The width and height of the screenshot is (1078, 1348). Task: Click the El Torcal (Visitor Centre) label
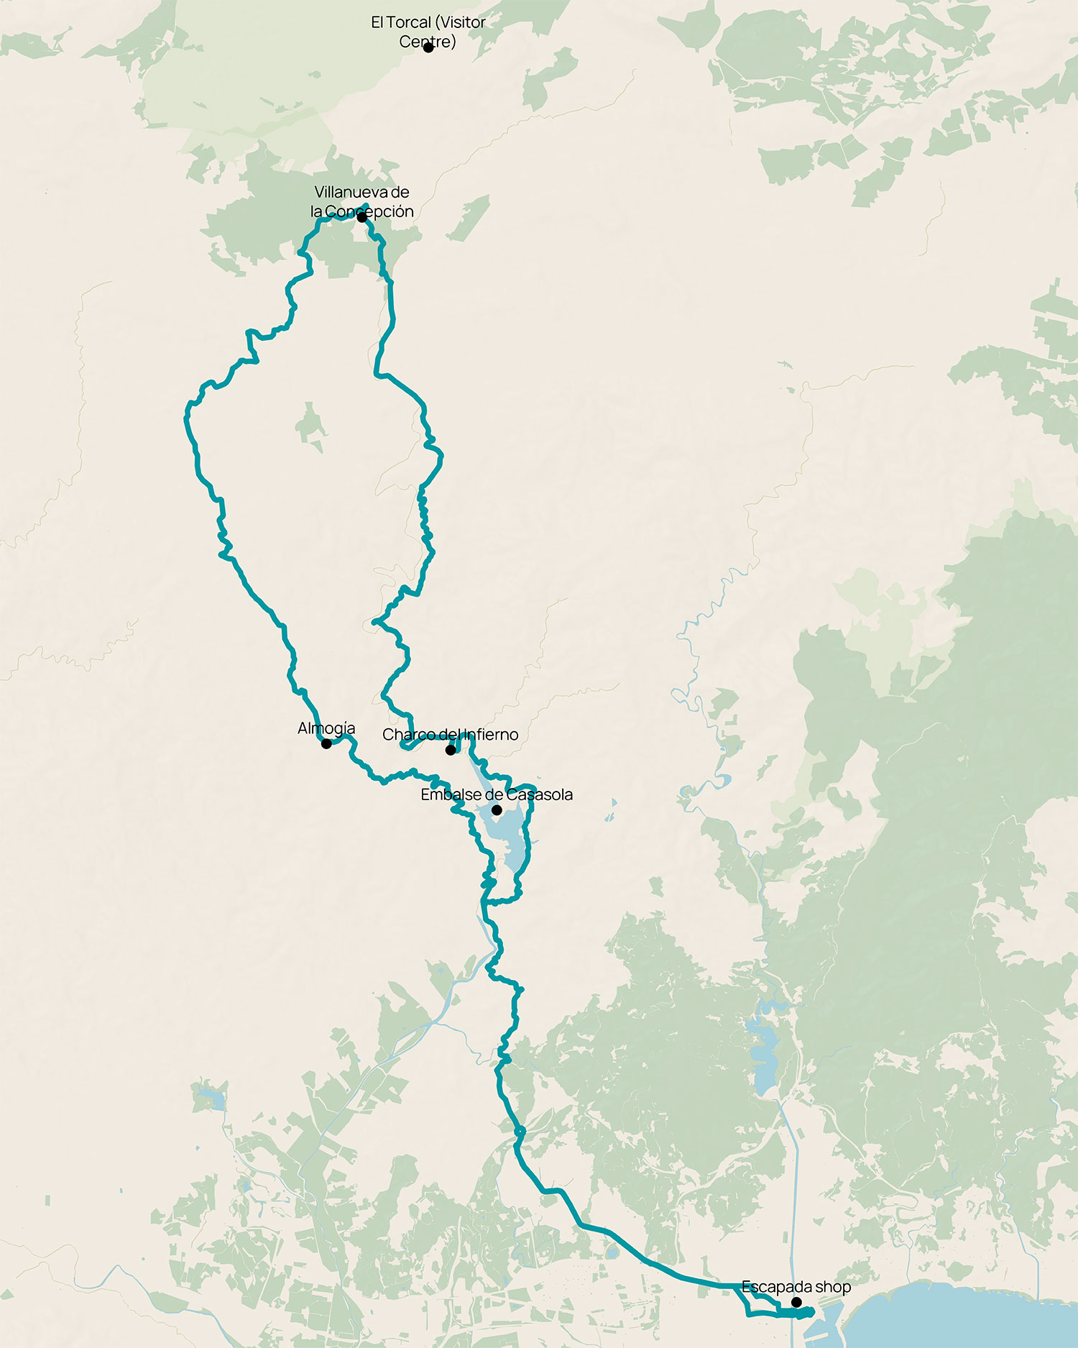coord(428,32)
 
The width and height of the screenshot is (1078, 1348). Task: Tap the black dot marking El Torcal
coord(428,47)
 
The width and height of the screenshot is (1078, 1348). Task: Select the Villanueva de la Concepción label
coord(361,201)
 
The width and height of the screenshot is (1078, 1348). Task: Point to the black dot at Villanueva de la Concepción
coord(361,216)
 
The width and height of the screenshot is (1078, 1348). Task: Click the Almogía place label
coord(326,728)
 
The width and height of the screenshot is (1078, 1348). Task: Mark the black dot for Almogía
coord(326,743)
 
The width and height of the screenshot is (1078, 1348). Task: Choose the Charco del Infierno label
coord(450,735)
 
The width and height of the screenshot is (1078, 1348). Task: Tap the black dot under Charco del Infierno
coord(451,750)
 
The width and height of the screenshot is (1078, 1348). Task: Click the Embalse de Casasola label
coord(497,794)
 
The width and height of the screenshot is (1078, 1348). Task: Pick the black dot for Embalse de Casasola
coord(497,810)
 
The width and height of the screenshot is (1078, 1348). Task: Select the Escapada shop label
coord(796,1286)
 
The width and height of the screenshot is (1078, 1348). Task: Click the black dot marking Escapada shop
coord(796,1302)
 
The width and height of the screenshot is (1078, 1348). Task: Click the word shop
coord(833,1286)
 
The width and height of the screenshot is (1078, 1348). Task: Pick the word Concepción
coord(369,211)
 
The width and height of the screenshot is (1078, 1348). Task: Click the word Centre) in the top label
coord(428,41)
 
